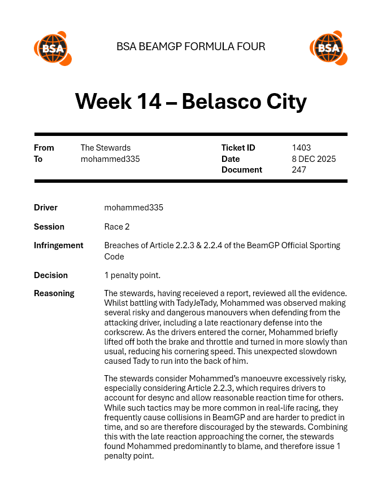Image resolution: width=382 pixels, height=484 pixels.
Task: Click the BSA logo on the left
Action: pyautogui.click(x=53, y=48)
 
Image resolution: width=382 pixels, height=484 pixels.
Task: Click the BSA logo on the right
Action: pyautogui.click(x=328, y=48)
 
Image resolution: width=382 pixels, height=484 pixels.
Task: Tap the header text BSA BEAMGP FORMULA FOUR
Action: pyautogui.click(x=190, y=47)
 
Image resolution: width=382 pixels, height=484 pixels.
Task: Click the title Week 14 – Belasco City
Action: pyautogui.click(x=190, y=102)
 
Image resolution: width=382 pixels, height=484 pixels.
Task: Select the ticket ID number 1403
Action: pyautogui.click(x=301, y=148)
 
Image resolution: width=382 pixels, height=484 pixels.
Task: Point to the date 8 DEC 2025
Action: pyautogui.click(x=314, y=159)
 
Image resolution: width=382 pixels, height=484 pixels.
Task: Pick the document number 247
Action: pyautogui.click(x=299, y=170)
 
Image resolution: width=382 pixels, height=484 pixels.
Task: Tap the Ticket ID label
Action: pyautogui.click(x=238, y=148)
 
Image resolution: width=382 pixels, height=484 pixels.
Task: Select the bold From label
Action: pyautogui.click(x=44, y=148)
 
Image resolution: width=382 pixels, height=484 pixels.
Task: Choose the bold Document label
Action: pyautogui.click(x=242, y=170)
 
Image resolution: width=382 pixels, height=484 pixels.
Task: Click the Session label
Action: pyautogui.click(x=49, y=227)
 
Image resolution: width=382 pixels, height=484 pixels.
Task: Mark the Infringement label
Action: pyautogui.click(x=59, y=245)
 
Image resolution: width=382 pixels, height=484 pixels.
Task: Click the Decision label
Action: pyautogui.click(x=51, y=275)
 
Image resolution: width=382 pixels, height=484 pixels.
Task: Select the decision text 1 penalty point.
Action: pyautogui.click(x=132, y=275)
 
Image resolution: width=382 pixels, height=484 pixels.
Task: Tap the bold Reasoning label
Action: pyautogui.click(x=54, y=293)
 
